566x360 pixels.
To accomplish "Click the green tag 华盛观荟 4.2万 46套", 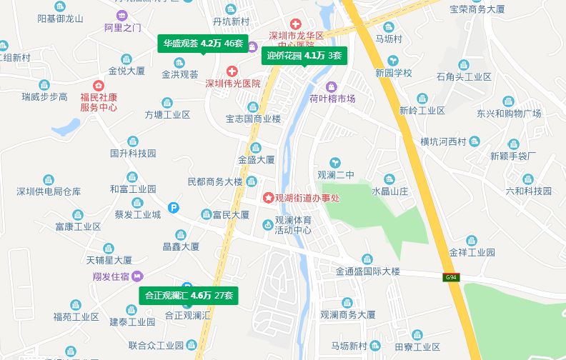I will pos(203,44).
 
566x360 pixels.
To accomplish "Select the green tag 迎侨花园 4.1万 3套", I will pos(304,55).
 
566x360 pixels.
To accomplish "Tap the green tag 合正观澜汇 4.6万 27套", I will pos(189,295).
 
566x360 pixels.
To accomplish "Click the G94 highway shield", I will pos(450,276).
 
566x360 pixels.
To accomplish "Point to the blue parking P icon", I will pos(173,208).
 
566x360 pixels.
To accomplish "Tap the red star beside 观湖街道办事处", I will pos(268,197).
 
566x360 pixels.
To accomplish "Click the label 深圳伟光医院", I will pos(232,84).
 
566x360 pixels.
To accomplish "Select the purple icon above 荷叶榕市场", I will pos(332,86).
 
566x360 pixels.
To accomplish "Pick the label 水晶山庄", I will pos(389,191).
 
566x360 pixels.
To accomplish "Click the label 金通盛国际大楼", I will pos(368,271).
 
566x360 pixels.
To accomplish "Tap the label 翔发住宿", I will pos(110,276).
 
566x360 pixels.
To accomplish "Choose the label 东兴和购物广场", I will pos(509,114).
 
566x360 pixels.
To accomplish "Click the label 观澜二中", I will pos(336,174).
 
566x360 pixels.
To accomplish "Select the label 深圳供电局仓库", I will pos(49,191).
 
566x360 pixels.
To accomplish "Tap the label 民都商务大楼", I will pos(215,181).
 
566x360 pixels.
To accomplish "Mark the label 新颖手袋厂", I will pos(513,156).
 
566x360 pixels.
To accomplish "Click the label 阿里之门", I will pos(122,28).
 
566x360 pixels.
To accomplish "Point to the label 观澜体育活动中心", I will pos(292,225).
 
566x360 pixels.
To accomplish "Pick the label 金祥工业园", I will pos(472,252).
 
